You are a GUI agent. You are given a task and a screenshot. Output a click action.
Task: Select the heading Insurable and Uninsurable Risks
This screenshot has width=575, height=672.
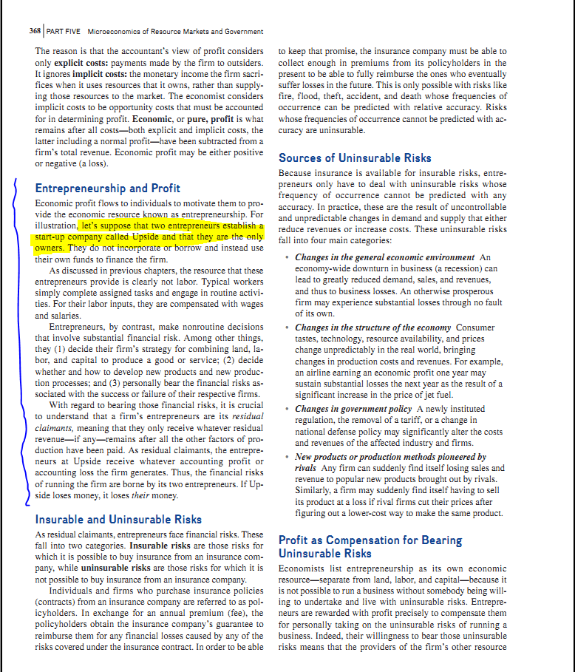[x=118, y=519]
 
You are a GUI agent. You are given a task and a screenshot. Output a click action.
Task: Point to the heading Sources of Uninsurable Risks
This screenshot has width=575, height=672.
[x=355, y=157]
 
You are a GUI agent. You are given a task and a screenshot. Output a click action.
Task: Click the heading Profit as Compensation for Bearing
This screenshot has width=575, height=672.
[x=370, y=540]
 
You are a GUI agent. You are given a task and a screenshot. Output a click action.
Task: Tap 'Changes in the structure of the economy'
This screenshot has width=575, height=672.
[x=373, y=327]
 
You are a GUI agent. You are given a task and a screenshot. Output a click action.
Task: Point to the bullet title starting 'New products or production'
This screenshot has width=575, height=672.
[x=390, y=457]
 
